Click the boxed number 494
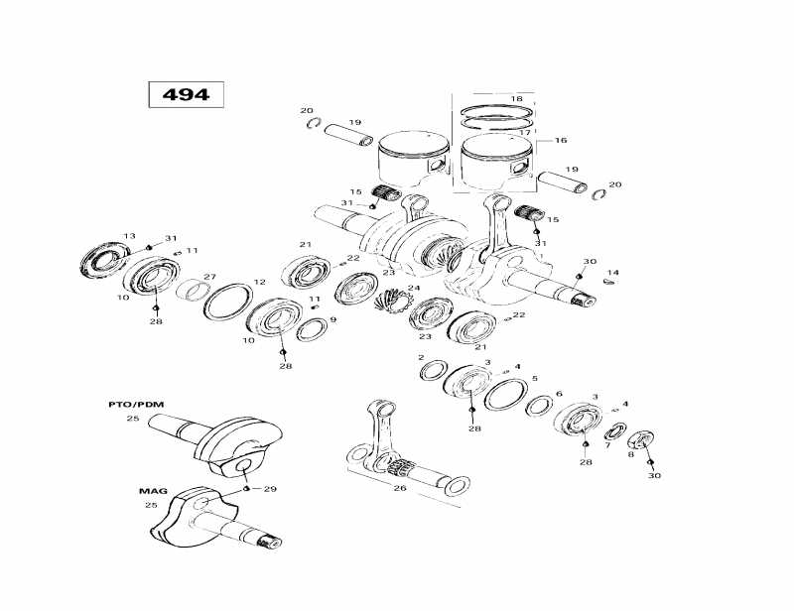pos(186,94)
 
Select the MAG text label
pos(151,490)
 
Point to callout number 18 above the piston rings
pos(515,99)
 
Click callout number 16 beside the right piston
pos(561,141)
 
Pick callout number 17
pos(524,132)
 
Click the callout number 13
pos(128,236)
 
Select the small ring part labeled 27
pos(195,291)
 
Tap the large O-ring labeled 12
pos(227,302)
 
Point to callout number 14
pos(612,272)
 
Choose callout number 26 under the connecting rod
pos(400,487)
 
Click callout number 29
pos(270,490)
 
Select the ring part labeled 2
pos(433,371)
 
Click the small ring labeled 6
pos(539,405)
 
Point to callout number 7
pos(607,445)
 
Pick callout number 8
pos(630,453)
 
